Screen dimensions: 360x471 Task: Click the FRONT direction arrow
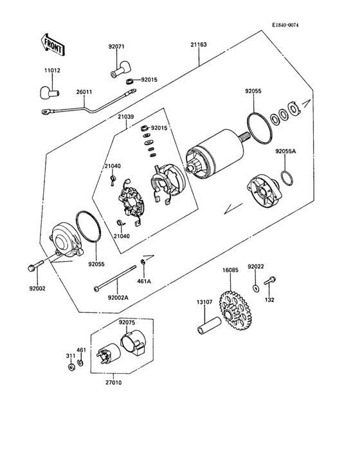click(52, 44)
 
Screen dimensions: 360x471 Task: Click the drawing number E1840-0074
click(285, 25)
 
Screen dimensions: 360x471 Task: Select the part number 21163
click(199, 45)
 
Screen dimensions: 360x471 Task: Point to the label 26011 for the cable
click(84, 92)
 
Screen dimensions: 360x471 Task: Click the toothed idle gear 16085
click(235, 311)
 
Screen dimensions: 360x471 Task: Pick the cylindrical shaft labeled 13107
click(209, 326)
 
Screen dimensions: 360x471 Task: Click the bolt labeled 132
click(270, 281)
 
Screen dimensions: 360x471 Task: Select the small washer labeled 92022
click(256, 288)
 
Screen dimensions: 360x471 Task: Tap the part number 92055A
click(285, 151)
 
